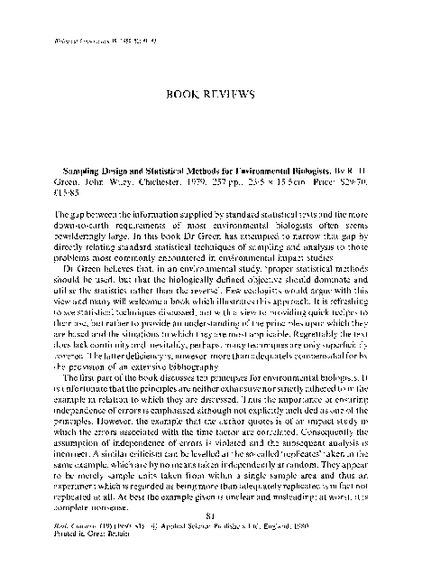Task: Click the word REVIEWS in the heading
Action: coord(233,94)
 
